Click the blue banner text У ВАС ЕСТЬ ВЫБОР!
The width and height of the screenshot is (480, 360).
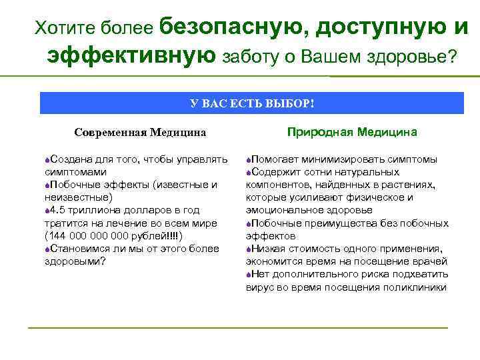click(251, 104)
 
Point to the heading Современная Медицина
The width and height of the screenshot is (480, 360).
click(140, 133)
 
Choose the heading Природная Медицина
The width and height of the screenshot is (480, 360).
click(352, 132)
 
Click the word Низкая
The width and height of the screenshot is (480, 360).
click(269, 249)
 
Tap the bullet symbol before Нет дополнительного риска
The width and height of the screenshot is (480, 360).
click(249, 274)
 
